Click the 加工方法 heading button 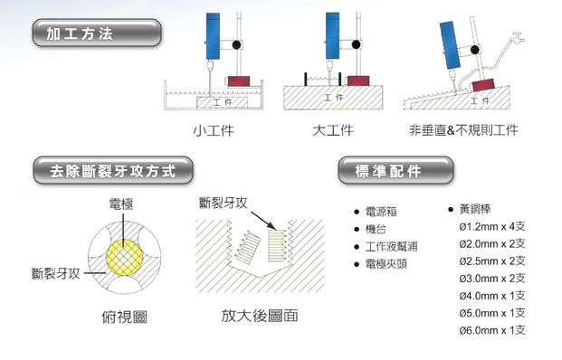click(x=97, y=33)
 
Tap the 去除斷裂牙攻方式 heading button click(x=113, y=171)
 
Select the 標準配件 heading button click(x=395, y=171)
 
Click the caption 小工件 click(x=214, y=130)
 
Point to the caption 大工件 click(x=333, y=130)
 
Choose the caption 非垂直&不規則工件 click(x=463, y=130)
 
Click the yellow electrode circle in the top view click(x=124, y=258)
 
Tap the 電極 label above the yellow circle click(x=121, y=204)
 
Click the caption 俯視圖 click(x=124, y=317)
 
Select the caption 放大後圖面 click(x=260, y=316)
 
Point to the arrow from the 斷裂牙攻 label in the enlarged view click(x=263, y=221)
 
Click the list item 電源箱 click(x=381, y=212)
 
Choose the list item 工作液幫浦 click(x=391, y=246)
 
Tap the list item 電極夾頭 click(x=386, y=264)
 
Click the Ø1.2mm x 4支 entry click(x=492, y=226)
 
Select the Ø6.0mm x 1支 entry click(x=492, y=330)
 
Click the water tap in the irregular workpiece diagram click(x=519, y=36)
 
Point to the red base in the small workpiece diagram click(x=239, y=81)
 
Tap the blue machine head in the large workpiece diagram click(x=332, y=36)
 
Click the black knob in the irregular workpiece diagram click(x=475, y=50)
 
